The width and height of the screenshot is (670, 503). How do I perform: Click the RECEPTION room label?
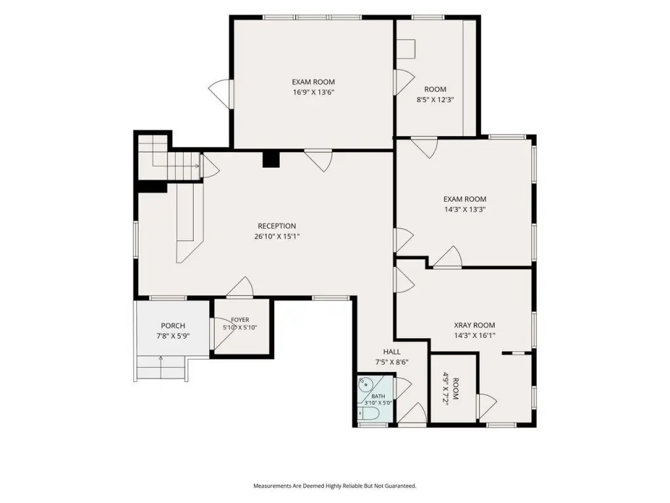click(277, 226)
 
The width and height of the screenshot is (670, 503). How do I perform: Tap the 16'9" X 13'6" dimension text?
click(313, 92)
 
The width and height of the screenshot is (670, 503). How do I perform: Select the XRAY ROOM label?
click(474, 325)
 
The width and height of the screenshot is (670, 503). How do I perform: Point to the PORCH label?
click(173, 326)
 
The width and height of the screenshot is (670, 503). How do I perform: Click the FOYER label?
click(239, 320)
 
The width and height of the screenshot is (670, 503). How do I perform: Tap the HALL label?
click(392, 352)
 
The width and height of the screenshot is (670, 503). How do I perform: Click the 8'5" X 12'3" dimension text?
click(435, 100)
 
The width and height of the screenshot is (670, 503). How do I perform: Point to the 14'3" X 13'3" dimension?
click(465, 210)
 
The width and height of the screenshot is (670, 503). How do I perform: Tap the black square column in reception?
click(270, 159)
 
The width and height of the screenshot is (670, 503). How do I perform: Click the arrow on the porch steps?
click(161, 367)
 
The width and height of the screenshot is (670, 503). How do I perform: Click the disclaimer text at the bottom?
click(335, 486)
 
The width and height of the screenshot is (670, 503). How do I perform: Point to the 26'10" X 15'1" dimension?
click(277, 236)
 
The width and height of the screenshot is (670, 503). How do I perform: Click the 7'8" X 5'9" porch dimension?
click(173, 336)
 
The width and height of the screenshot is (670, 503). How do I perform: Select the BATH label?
click(378, 396)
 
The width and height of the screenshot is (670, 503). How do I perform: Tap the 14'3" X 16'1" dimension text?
click(474, 336)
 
